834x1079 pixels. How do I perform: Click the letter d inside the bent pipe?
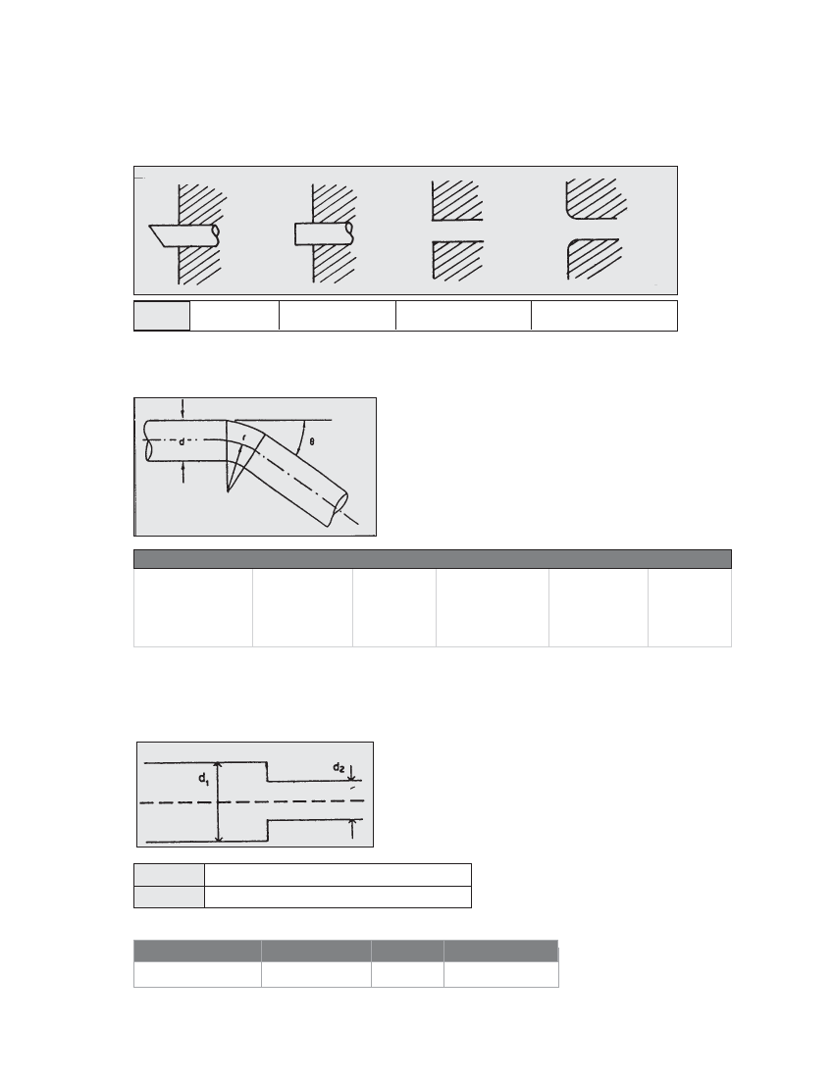(x=182, y=442)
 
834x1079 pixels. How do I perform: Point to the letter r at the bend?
(x=243, y=437)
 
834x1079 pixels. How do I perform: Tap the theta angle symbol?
(x=312, y=441)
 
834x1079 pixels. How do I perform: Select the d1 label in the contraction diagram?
(x=204, y=779)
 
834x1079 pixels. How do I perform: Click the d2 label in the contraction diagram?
(x=339, y=767)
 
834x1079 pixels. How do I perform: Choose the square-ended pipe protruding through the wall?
(x=324, y=234)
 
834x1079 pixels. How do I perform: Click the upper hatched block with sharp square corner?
(x=457, y=200)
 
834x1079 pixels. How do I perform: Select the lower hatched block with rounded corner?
(x=594, y=259)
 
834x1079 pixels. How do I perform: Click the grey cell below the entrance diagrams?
(x=162, y=315)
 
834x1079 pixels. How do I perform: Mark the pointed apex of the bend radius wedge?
(x=228, y=490)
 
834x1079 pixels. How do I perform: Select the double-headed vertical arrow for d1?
(x=218, y=801)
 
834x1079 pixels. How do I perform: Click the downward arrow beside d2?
(x=352, y=771)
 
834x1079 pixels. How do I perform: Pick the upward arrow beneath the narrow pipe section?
(x=352, y=829)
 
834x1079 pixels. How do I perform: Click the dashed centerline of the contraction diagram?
(x=251, y=801)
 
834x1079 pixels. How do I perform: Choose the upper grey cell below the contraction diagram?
(x=170, y=875)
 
